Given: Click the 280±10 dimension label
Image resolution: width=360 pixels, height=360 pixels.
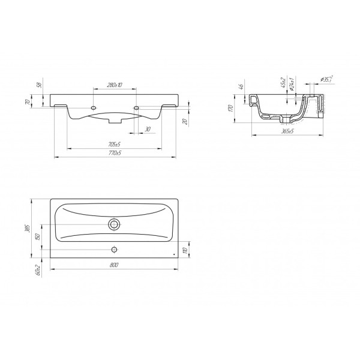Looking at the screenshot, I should click(x=115, y=85).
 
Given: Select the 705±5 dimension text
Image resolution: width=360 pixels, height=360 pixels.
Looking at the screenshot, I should click(x=115, y=145).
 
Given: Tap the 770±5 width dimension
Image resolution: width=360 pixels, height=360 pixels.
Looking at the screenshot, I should click(x=115, y=154).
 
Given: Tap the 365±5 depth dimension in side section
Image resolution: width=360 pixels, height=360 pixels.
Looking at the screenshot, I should click(x=287, y=130).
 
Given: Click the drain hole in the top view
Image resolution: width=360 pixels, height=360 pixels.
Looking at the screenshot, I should click(x=114, y=224).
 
